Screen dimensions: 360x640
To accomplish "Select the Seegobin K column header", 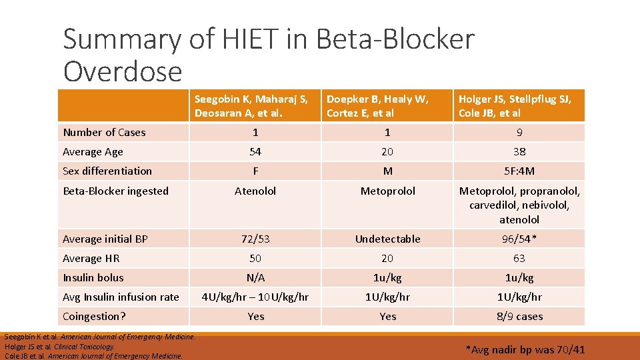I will coord(251,106).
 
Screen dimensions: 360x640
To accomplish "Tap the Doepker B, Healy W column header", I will coord(378,106).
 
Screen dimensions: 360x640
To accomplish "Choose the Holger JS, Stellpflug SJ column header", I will coord(515,106).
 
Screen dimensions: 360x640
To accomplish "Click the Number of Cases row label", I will coord(104,132).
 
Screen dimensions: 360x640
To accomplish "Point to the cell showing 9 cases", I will coord(519,132).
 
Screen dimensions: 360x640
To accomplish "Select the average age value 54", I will coord(255,151).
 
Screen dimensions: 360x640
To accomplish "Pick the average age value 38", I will coord(519,151).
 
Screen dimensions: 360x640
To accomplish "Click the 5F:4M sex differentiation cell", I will coord(519,171).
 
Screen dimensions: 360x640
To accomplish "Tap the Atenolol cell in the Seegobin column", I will coord(255,191).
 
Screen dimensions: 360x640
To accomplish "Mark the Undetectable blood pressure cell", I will coord(387,239).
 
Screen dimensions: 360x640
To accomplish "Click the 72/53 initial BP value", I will coord(255,239).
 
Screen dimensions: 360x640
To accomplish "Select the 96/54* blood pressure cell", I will coord(519,239).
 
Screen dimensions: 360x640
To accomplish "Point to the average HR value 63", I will coord(519,258).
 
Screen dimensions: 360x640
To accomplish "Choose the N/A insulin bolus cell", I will coord(255,277).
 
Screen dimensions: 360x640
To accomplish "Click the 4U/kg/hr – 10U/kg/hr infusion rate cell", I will coord(255,297).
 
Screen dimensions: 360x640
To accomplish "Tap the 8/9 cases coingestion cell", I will coord(519,316).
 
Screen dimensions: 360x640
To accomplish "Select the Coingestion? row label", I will coord(94,316).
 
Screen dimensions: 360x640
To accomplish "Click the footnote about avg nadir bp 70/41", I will coord(525,349).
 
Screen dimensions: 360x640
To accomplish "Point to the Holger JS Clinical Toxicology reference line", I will coord(59,347).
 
